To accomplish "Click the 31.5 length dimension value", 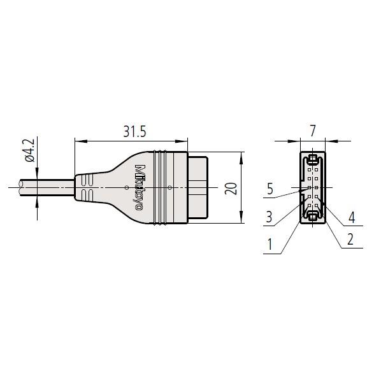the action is tap(134, 131).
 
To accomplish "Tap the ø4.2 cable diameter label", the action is tap(30, 150).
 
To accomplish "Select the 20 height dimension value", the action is tap(231, 189).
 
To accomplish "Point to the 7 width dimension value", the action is tap(312, 131).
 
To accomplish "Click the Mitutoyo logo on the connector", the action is tap(140, 187).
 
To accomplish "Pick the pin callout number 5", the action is tap(270, 189).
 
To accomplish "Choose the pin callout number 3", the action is tap(269, 217).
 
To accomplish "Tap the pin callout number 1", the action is tap(270, 244).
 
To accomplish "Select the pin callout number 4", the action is tap(352, 217).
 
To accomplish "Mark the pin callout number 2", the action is tap(350, 239).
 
